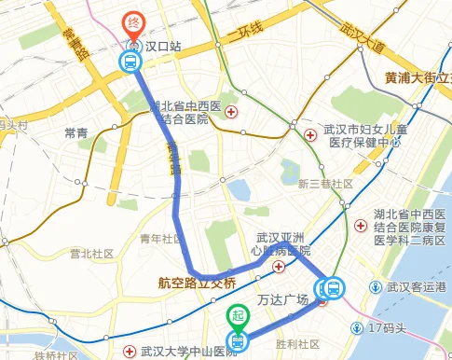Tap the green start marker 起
tap(238, 316)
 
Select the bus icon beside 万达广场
tap(332, 289)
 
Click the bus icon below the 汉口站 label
tap(131, 62)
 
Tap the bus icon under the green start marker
tap(238, 342)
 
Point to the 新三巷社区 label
tap(325, 184)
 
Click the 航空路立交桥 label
tap(198, 283)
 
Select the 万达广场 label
tap(283, 301)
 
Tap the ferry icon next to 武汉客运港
tap(377, 286)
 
